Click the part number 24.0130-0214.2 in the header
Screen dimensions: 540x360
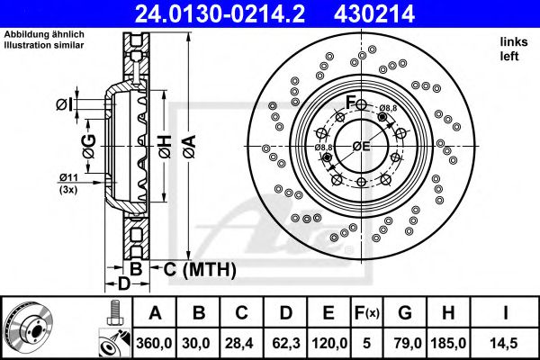(x=220, y=14)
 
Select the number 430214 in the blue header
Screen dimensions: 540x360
(x=374, y=14)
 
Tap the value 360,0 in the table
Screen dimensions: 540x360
(x=154, y=343)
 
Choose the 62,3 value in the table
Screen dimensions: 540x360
(x=286, y=343)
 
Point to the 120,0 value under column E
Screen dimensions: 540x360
(x=329, y=343)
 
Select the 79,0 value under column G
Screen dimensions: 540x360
(x=405, y=343)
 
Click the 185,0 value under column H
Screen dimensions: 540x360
(x=448, y=343)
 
